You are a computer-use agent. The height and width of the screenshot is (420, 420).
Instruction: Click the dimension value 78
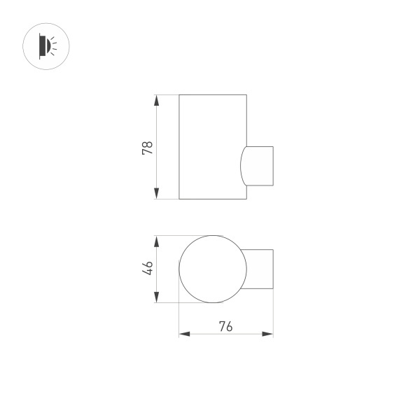tap(147, 147)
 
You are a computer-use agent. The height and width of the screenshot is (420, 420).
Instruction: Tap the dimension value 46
tap(147, 269)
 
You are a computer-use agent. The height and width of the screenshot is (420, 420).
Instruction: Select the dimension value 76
tap(225, 325)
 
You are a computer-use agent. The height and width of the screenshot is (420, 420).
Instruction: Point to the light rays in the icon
tap(56, 46)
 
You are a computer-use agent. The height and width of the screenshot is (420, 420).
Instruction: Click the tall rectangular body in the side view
tap(212, 146)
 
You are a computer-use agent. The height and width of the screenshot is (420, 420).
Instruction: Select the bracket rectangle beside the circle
tap(260, 269)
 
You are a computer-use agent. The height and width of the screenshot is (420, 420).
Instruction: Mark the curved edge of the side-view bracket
tap(241, 166)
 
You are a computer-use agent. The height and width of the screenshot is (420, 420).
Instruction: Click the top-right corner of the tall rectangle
tap(246, 94)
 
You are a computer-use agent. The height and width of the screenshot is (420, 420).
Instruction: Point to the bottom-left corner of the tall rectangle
tap(179, 199)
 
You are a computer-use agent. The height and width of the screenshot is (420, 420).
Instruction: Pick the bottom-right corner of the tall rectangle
tap(246, 199)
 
